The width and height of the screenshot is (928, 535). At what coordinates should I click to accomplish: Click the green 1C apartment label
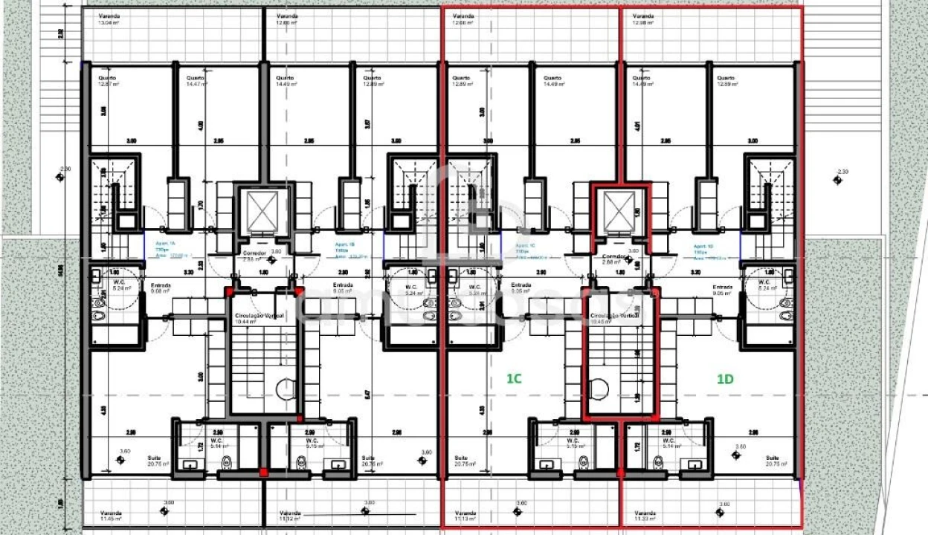[514, 378]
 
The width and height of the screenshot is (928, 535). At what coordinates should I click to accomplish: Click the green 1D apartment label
[725, 378]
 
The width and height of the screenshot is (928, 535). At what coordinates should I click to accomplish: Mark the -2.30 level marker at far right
[840, 176]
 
